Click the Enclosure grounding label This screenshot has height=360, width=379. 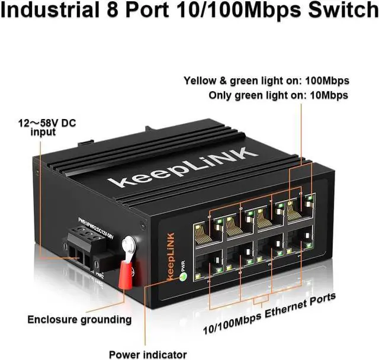click(79, 320)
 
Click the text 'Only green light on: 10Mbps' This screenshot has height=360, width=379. click(278, 95)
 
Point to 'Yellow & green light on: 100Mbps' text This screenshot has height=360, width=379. click(266, 81)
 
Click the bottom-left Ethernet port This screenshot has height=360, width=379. click(207, 266)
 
